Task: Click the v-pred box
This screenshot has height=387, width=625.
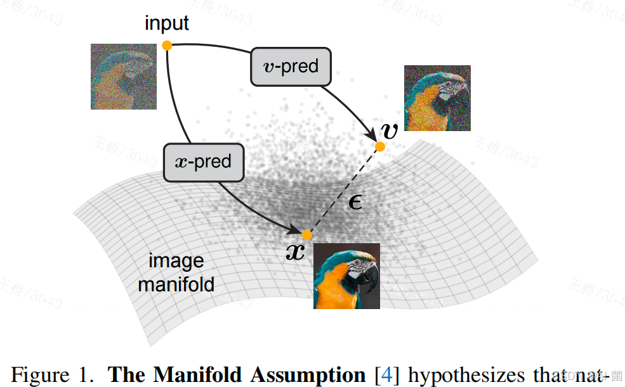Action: [x=291, y=67]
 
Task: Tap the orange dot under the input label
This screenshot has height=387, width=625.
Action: [x=167, y=45]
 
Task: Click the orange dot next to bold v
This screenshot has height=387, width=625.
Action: [x=380, y=147]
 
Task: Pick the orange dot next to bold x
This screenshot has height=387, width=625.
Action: [x=307, y=235]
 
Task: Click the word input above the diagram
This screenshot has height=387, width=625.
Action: [x=167, y=23]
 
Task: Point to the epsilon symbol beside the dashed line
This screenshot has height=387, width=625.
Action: [x=356, y=202]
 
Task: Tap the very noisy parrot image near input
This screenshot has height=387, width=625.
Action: [x=124, y=76]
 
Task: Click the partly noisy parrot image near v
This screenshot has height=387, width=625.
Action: [x=437, y=98]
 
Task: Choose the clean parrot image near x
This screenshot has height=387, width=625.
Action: [x=346, y=276]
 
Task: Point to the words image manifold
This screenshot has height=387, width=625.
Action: [x=176, y=272]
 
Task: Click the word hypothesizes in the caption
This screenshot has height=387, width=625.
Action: [x=475, y=374]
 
